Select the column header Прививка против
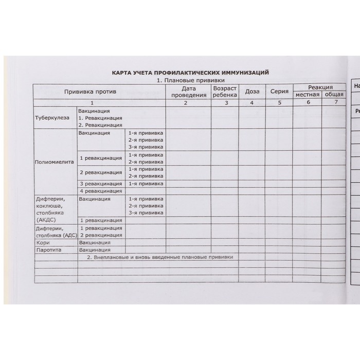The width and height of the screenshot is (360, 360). click(x=90, y=92)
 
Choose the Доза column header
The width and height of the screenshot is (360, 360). click(x=252, y=92)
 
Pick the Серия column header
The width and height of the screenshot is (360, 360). click(x=279, y=92)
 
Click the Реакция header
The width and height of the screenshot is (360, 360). click(x=320, y=87)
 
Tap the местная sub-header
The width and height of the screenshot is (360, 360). click(x=308, y=95)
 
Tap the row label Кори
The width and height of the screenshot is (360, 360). click(x=43, y=242)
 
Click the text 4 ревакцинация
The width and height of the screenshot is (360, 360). click(x=100, y=191)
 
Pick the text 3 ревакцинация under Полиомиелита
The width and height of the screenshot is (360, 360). click(x=100, y=184)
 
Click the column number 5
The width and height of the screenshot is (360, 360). click(x=279, y=102)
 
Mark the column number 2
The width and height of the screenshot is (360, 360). click(x=187, y=102)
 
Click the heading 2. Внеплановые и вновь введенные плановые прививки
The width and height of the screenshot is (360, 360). click(x=160, y=257)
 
